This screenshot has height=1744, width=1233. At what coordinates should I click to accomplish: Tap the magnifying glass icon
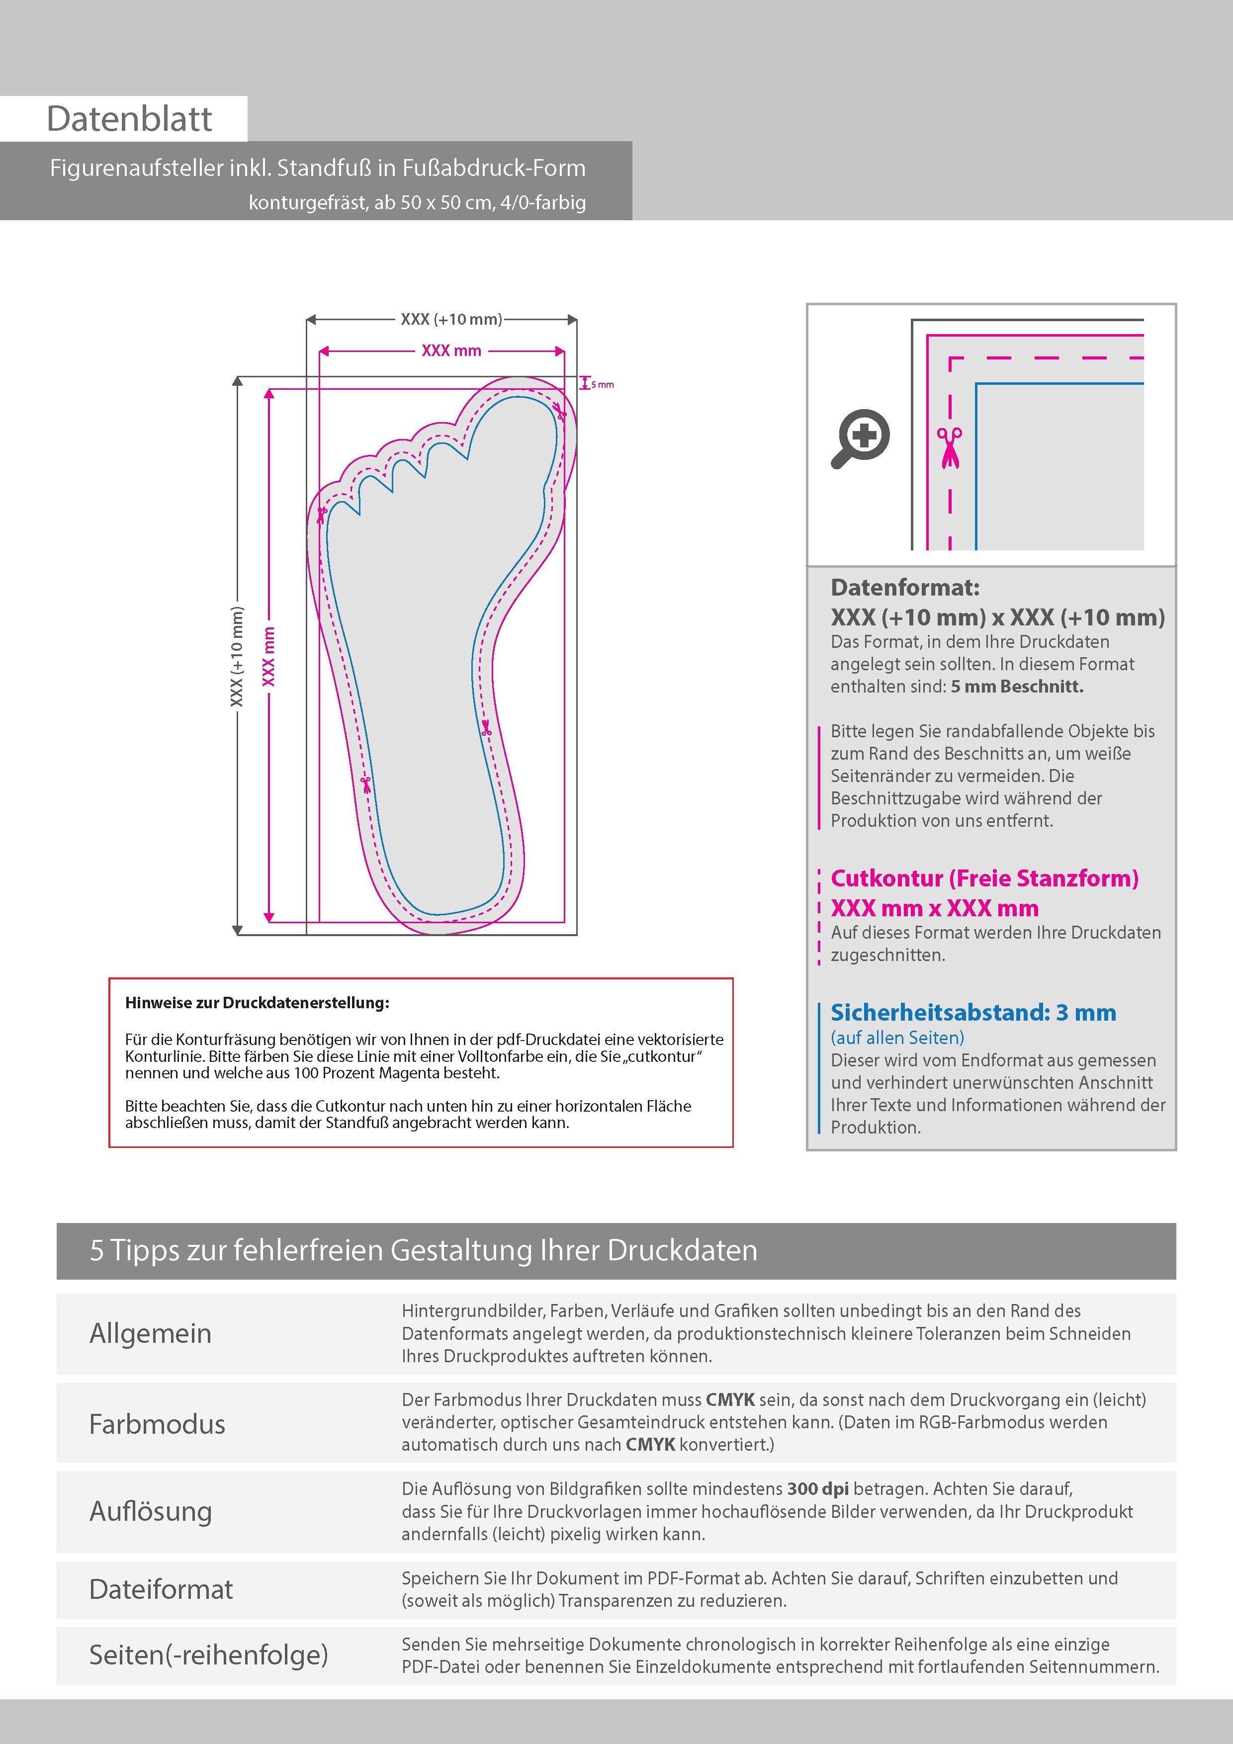click(x=861, y=438)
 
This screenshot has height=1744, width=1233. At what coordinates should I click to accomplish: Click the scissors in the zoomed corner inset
click(x=949, y=448)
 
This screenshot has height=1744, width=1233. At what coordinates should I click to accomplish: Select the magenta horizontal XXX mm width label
click(x=451, y=351)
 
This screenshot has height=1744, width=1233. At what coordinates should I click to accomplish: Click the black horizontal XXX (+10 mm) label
click(x=451, y=320)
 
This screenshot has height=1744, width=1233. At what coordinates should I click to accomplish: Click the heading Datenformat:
click(x=905, y=587)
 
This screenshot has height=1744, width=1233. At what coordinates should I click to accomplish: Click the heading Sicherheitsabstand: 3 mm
click(x=973, y=1013)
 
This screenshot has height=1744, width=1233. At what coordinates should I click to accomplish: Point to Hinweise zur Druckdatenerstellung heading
click(x=257, y=1003)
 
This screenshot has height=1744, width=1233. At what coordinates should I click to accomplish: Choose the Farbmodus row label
click(x=157, y=1424)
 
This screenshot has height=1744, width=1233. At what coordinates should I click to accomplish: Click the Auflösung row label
click(x=151, y=1511)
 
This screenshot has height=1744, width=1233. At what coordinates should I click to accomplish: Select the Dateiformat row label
click(x=161, y=1589)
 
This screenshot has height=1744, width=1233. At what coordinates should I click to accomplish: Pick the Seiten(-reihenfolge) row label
click(x=208, y=1655)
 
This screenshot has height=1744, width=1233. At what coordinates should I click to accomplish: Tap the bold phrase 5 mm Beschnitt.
click(x=1017, y=687)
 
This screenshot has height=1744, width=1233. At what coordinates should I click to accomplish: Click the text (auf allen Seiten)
click(x=897, y=1038)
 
